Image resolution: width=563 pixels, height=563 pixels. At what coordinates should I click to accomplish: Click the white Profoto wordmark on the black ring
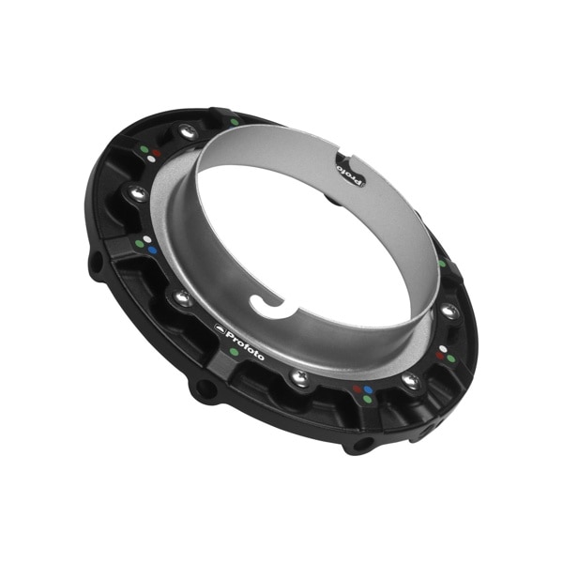[246, 342]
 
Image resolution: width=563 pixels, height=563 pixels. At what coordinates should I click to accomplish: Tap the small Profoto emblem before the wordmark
[221, 328]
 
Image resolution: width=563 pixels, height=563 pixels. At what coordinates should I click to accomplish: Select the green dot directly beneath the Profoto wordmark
[233, 352]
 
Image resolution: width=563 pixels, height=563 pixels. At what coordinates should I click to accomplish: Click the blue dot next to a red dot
[369, 388]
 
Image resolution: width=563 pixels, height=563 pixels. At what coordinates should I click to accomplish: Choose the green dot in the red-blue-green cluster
[364, 401]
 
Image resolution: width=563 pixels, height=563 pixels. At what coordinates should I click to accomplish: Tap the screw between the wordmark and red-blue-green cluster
[300, 377]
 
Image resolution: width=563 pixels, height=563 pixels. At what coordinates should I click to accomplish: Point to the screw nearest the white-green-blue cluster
[137, 194]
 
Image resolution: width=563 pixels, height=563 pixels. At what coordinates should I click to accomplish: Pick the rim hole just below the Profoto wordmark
[200, 388]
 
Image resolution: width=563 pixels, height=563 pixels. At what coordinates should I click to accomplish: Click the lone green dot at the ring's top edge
[234, 122]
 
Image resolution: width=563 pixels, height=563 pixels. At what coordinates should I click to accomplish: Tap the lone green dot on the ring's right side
[442, 264]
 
